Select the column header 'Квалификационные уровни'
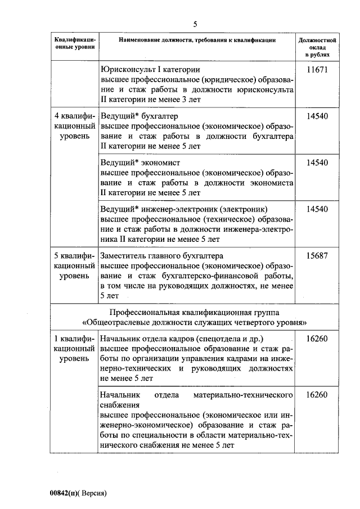click(x=75, y=44)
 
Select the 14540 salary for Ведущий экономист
click(x=317, y=163)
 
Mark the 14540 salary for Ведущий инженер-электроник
click(x=317, y=209)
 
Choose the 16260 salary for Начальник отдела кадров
click(x=317, y=339)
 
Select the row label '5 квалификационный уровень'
click(x=75, y=265)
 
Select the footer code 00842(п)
click(x=66, y=493)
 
